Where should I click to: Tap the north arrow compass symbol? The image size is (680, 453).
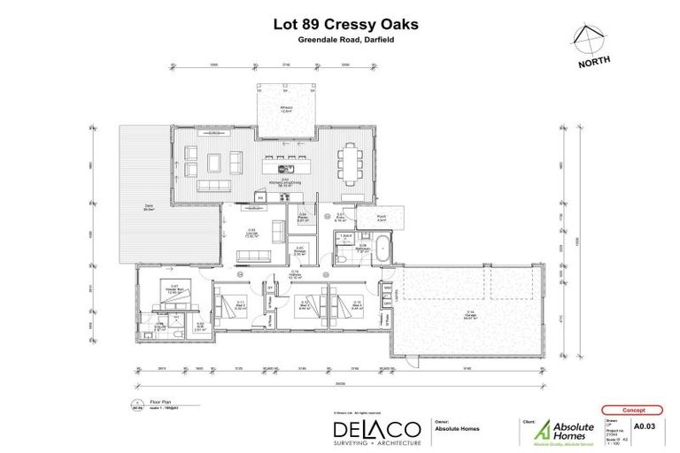pyautogui.click(x=588, y=38)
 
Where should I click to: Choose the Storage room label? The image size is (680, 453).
pyautogui.click(x=300, y=250)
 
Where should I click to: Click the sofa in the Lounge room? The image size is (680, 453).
pyautogui.click(x=254, y=256)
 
